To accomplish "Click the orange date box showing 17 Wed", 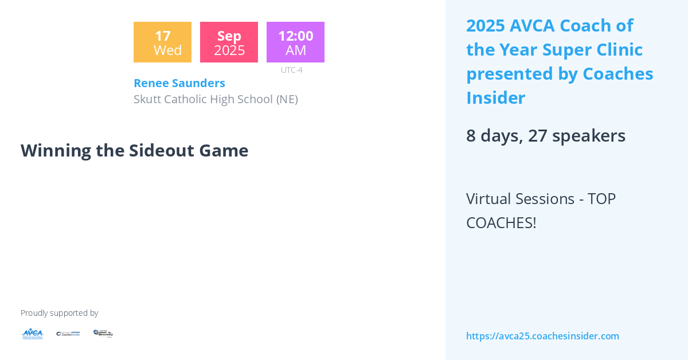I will [162, 42].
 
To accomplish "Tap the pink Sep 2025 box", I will [229, 42].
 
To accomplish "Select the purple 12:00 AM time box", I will [295, 42].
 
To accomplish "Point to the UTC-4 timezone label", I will [291, 70].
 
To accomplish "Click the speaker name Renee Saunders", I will [179, 83].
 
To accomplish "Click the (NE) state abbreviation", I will [287, 99].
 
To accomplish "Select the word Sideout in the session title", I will [145, 150].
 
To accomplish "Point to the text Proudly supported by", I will [59, 313].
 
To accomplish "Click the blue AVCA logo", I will [32, 334].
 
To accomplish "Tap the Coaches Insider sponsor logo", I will [68, 334].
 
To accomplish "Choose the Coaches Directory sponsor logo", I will [103, 334].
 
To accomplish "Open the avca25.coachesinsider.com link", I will [542, 336].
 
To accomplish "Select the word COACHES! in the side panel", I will [501, 222].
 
